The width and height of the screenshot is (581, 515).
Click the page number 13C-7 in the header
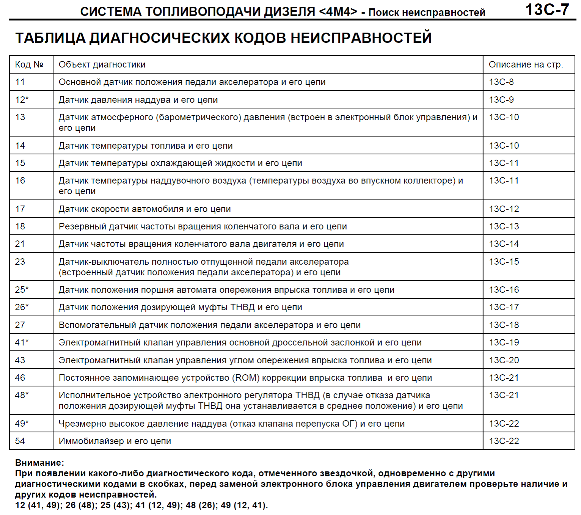[x=547, y=10]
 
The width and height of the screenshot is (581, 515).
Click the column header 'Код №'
[x=29, y=64]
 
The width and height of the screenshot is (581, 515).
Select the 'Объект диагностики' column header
[x=102, y=64]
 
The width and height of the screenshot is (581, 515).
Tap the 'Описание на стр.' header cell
[x=526, y=64]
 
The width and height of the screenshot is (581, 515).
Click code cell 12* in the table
[x=22, y=100]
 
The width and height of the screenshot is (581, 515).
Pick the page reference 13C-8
[x=501, y=82]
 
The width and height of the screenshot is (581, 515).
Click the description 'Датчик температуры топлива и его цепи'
[x=146, y=146]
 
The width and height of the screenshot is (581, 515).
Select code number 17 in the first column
[x=20, y=209]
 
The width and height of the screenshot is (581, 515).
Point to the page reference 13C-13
[x=504, y=226]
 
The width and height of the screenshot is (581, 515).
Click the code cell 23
[x=20, y=262]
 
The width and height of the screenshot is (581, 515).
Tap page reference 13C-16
[x=504, y=290]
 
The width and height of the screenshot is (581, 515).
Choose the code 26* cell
[x=22, y=307]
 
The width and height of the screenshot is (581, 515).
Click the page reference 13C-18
[x=504, y=325]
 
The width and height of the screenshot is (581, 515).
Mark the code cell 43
[x=20, y=360]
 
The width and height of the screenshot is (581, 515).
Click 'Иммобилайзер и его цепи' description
[x=115, y=441]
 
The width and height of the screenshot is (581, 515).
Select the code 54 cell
[x=20, y=441]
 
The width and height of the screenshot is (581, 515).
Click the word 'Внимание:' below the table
[x=40, y=463]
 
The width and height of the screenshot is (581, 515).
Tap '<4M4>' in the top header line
[x=338, y=12]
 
